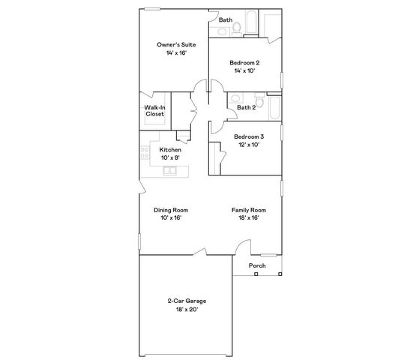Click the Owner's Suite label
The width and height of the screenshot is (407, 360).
coord(176,45)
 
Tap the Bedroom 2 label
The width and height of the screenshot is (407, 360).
coord(244,62)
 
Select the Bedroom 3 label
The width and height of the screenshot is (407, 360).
coord(248,136)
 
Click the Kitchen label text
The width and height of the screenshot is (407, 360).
coord(170,150)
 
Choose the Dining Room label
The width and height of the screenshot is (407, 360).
coord(170,210)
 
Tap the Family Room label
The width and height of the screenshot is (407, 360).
coord(248,210)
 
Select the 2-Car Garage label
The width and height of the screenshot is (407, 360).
coord(187,301)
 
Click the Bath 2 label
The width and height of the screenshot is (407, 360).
coord(247,107)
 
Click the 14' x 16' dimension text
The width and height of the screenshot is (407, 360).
coord(176,52)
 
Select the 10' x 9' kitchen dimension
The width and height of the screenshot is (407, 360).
coord(170,157)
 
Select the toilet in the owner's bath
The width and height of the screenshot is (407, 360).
coord(235,28)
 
